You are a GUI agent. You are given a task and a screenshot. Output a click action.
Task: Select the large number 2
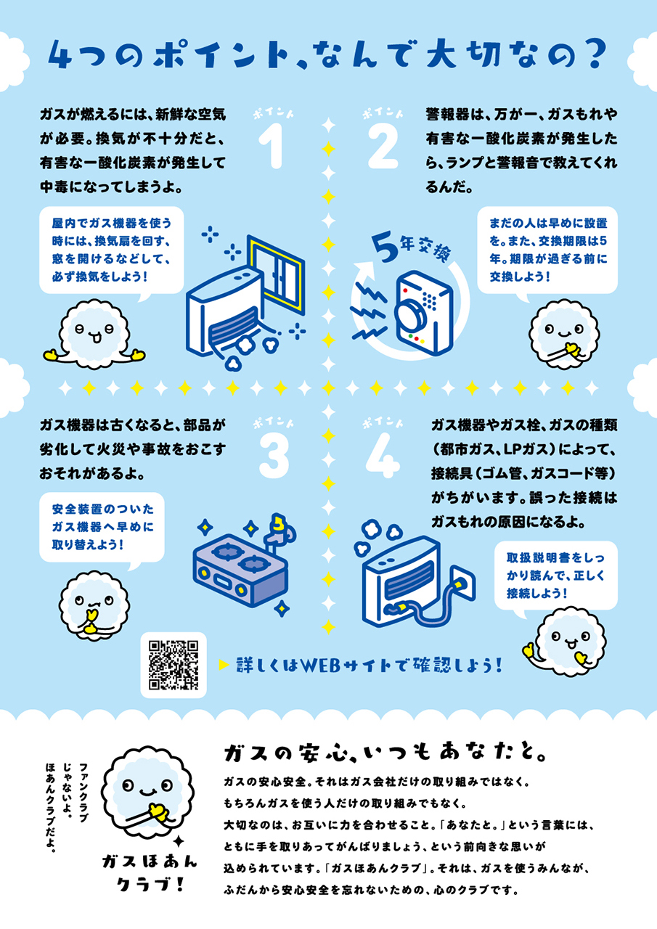[383, 145]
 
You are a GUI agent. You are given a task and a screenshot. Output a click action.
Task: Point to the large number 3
[274, 456]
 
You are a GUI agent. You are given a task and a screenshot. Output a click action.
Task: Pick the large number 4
[383, 456]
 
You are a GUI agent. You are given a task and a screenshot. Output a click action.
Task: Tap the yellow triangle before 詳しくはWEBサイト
[224, 665]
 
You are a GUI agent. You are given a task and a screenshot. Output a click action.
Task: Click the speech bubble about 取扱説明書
[556, 576]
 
